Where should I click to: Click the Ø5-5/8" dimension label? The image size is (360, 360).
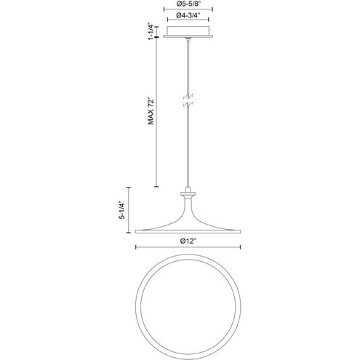click(x=188, y=4)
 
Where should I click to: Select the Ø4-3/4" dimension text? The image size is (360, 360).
click(x=188, y=15)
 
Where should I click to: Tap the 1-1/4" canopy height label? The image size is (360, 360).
click(x=151, y=33)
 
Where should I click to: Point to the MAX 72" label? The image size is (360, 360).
click(x=151, y=111)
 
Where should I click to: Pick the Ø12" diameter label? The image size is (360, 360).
click(x=188, y=241)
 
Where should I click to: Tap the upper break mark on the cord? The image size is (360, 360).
click(x=188, y=97)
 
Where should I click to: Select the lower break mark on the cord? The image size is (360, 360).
click(x=188, y=105)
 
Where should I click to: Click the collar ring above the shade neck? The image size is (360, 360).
click(x=188, y=194)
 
